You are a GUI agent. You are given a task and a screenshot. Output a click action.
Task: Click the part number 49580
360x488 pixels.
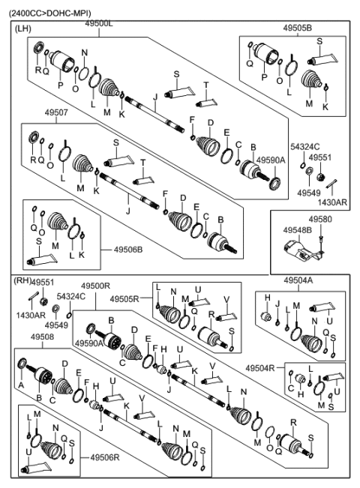tap(319, 219)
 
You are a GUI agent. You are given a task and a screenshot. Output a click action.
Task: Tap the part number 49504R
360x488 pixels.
tap(259, 367)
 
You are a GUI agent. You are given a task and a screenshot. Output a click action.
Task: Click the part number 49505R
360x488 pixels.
tap(124, 299)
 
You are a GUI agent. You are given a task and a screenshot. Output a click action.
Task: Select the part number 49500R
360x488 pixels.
tap(95, 286)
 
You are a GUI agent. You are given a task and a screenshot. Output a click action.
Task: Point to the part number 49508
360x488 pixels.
tap(42, 337)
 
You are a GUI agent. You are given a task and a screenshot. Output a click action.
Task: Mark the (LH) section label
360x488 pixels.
tap(24, 25)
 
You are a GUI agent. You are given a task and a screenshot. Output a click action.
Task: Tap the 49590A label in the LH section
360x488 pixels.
tap(270, 160)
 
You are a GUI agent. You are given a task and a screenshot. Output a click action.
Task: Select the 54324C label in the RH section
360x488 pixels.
tap(72, 297)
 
